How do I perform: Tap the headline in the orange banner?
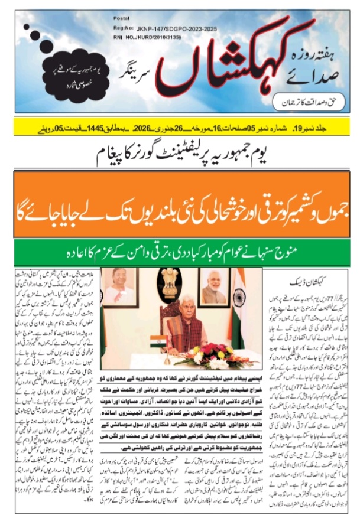click(180, 206)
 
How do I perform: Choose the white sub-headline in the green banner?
click(180, 252)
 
